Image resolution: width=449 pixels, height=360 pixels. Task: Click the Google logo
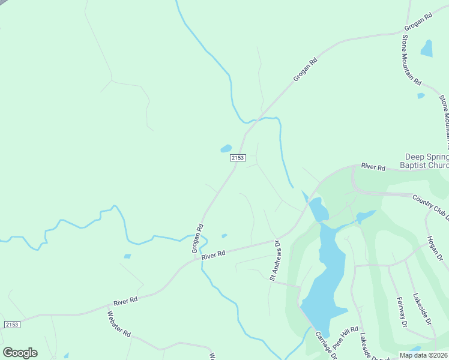20,353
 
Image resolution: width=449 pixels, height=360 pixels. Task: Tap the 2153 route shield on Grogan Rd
238,158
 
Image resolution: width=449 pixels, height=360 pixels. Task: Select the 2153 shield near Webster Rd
12,325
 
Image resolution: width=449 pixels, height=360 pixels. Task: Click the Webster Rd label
119,324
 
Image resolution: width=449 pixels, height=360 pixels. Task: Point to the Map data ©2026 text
423,355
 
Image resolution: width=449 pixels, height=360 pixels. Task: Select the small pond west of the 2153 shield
226,148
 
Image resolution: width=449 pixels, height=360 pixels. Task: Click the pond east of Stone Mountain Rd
426,48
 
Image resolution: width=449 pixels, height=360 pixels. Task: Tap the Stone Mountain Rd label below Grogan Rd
411,59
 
